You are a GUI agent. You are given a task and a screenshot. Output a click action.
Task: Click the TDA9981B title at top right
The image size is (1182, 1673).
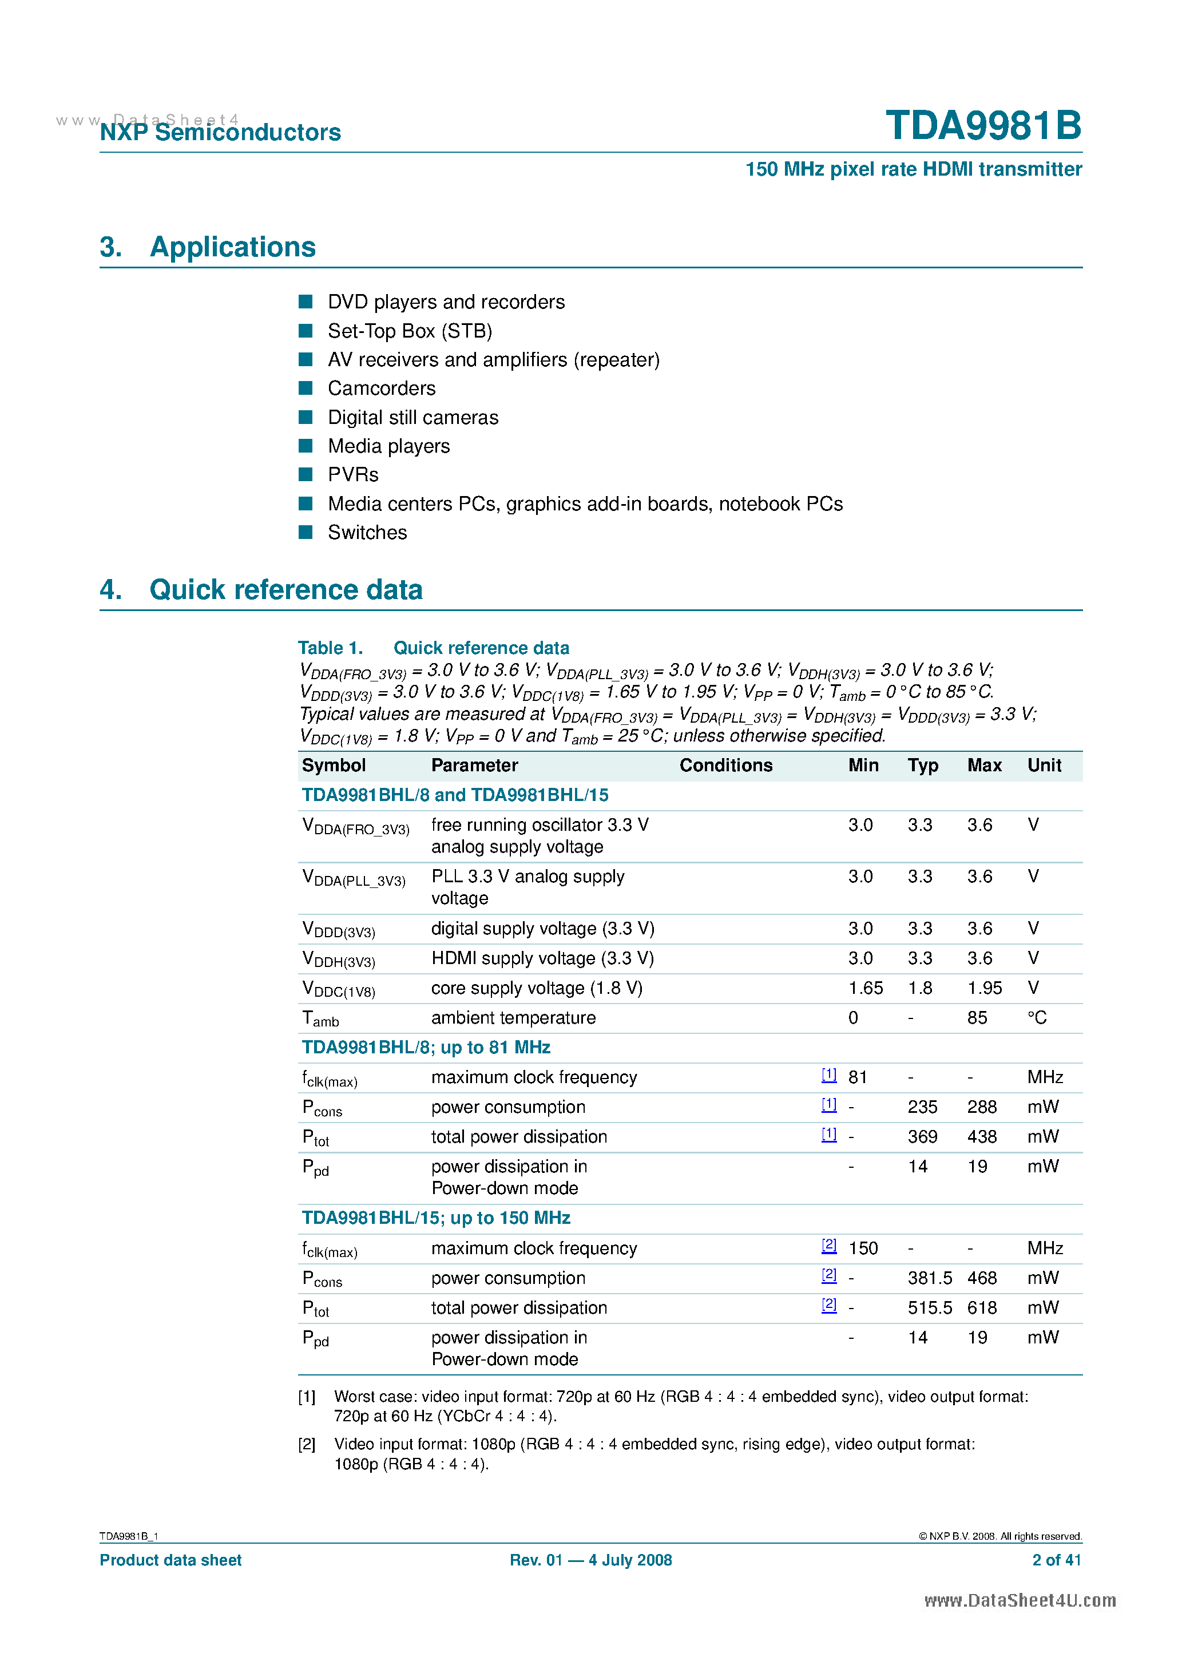983,125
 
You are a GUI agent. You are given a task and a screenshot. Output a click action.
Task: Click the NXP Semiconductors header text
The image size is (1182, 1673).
220,132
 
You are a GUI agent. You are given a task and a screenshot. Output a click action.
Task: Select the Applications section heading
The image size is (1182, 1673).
232,247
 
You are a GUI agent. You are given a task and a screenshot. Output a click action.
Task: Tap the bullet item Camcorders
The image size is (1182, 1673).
381,388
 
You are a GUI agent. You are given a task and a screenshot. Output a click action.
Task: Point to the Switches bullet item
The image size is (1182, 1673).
367,533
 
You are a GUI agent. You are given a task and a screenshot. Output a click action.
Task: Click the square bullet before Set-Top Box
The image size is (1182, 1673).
306,331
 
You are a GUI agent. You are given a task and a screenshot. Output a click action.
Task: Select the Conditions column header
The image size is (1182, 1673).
726,765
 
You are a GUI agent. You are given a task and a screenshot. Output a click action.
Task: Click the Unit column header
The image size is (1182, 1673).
1044,765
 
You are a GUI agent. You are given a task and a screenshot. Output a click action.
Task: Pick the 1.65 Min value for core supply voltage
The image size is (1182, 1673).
865,988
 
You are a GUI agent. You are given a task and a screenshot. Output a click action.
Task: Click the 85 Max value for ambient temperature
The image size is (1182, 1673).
977,1018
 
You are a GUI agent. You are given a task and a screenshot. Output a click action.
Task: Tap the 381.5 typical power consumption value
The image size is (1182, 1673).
929,1278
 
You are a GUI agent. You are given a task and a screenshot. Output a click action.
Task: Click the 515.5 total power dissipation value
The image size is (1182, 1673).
929,1308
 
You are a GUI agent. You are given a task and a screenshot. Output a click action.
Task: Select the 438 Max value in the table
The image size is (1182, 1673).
982,1137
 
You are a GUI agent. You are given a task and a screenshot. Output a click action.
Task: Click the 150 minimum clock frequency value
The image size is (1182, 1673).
863,1248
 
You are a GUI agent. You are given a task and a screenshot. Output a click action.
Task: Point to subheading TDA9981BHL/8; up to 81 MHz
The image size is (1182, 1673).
426,1048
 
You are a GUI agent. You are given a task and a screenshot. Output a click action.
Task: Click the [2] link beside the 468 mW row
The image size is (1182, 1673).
828,1275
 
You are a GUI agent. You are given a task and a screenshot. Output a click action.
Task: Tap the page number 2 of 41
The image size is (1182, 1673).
1056,1560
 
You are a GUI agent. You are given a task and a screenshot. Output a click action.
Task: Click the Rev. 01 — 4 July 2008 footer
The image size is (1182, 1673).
590,1560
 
